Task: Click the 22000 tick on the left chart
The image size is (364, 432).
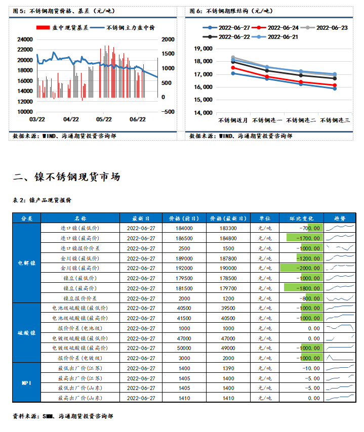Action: pos(25,50)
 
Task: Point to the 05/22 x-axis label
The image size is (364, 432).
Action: pos(104,119)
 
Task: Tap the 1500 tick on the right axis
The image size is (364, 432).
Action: pos(168,54)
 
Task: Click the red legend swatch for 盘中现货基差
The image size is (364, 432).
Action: pos(43,27)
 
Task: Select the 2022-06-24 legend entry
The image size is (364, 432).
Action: pos(275,28)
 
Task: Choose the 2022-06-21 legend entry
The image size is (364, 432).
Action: pos(275,37)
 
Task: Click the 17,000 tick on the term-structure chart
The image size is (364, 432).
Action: pos(203,74)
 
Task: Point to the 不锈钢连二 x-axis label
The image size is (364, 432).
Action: pos(301,120)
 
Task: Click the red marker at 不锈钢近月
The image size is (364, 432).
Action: pos(233,68)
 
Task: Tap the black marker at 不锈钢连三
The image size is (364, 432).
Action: pos(335,78)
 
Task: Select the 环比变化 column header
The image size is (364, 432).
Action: pos(301,219)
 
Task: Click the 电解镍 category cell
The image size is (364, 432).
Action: pos(27,263)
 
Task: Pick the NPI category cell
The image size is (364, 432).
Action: pos(27,383)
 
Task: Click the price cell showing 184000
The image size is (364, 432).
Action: pos(184,229)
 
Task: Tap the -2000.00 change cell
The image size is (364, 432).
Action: pos(301,268)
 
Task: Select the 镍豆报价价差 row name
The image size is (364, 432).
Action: pos(80,298)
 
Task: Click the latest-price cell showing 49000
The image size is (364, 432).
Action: pos(228,348)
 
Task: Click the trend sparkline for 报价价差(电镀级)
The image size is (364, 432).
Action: pos(340,358)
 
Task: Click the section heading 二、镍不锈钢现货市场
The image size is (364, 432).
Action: pos(66,177)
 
